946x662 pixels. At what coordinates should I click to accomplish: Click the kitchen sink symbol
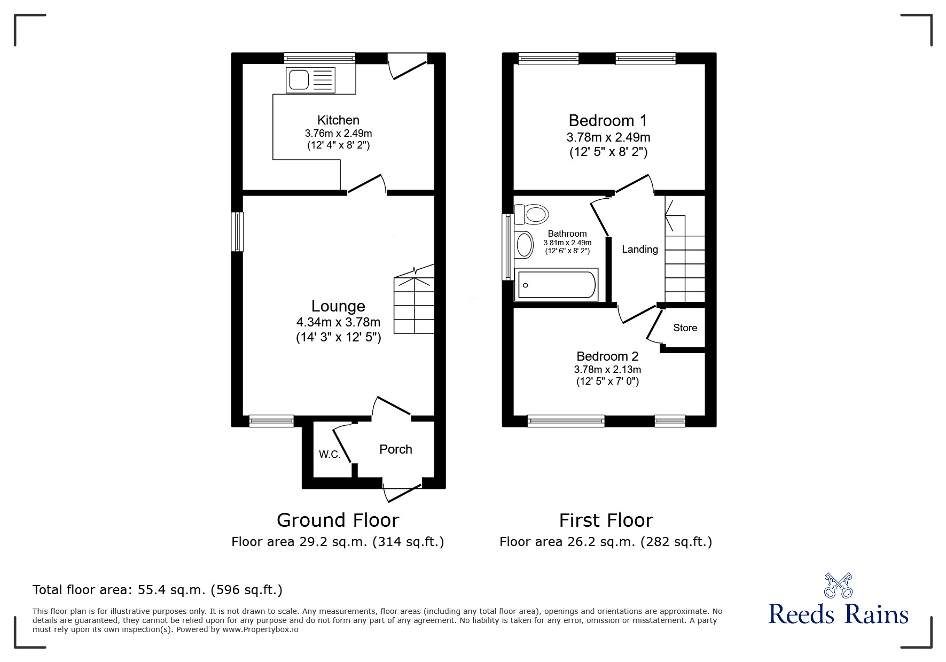coord(311,80)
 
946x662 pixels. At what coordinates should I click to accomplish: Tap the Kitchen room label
coord(338,120)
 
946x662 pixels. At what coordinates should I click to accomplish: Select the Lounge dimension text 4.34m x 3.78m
coord(338,322)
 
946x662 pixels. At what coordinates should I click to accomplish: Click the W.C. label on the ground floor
coord(330,455)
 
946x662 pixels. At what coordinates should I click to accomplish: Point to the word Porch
coord(395,449)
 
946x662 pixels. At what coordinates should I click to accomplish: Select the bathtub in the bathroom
coord(556,285)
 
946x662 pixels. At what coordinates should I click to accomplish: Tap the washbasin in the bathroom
coord(524,245)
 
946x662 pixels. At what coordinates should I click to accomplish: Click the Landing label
coord(639,250)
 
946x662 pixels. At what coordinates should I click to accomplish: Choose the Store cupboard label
coord(685,328)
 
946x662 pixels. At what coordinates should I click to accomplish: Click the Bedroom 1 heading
coord(607,120)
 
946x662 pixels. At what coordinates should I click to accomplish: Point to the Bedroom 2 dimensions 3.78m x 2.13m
coord(607,370)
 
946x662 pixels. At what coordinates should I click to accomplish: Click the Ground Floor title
coord(338,520)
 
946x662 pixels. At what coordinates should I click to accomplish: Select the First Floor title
coord(606,520)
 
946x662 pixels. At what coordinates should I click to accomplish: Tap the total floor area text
coord(158,590)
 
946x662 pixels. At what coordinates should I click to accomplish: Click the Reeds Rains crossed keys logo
coord(838,585)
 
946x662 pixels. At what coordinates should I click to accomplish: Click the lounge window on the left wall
coord(237,232)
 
